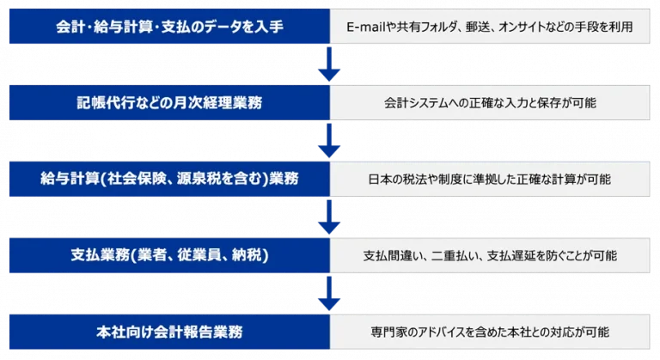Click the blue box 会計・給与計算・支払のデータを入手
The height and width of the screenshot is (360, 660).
(169, 27)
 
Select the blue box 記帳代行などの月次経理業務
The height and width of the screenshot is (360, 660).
(169, 103)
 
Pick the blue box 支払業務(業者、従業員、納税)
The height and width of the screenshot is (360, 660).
(169, 255)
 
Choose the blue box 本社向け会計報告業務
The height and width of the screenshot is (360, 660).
(169, 331)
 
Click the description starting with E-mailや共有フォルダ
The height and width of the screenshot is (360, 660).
(490, 27)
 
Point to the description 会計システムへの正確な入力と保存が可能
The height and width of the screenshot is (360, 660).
(490, 103)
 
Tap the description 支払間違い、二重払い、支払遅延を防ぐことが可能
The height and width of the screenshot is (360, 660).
(490, 255)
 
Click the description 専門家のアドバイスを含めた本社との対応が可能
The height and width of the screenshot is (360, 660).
(490, 331)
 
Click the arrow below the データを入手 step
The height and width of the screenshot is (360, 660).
(329, 66)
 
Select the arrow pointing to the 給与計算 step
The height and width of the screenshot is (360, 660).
(329, 142)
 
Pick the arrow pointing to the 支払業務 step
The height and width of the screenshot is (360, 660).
(329, 217)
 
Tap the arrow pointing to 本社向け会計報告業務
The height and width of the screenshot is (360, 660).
(329, 294)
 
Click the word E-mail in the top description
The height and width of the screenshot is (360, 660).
(364, 27)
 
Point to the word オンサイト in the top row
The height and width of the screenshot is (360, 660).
(538, 27)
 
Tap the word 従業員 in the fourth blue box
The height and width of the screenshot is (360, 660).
(208, 255)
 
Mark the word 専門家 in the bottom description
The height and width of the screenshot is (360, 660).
(388, 331)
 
